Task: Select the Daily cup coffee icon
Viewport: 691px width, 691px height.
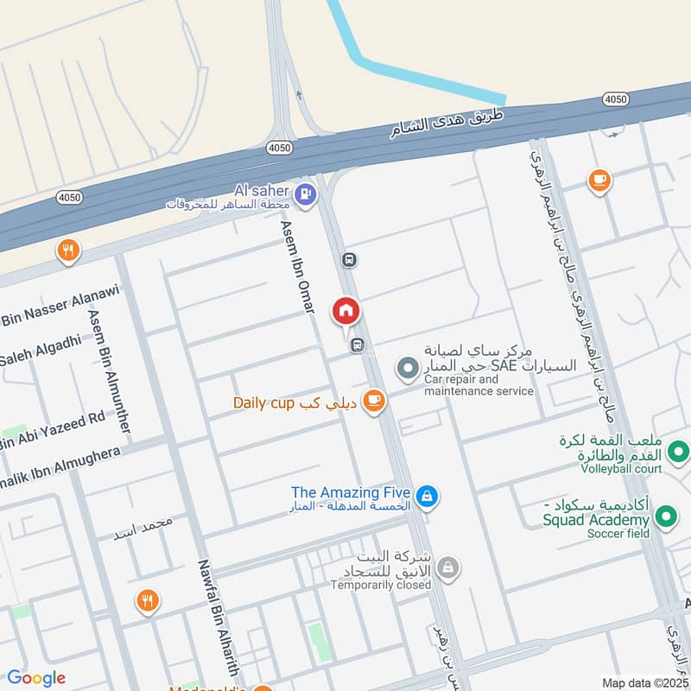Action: point(373,401)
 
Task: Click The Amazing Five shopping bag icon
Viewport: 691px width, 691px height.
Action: point(426,497)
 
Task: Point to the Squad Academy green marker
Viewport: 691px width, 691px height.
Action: point(665,517)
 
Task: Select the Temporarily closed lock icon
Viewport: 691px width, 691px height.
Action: point(447,567)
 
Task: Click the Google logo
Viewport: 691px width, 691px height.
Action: point(36,678)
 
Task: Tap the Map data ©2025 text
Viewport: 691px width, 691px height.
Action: point(643,683)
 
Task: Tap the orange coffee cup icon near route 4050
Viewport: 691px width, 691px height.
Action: point(598,181)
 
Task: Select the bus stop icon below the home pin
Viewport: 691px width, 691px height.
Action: point(357,345)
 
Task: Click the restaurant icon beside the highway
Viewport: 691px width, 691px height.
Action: point(67,251)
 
